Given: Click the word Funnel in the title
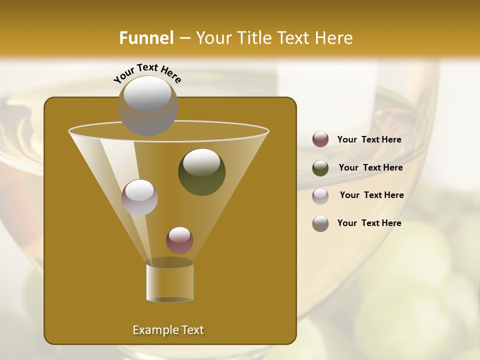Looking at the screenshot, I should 146,38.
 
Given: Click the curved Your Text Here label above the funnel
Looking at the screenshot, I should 147,72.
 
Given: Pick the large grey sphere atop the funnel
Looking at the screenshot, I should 147,105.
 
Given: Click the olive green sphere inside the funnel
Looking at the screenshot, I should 201,171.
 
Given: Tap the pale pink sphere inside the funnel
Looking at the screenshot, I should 139,197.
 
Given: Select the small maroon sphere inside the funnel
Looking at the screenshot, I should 179,240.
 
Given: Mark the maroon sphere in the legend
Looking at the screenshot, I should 320,139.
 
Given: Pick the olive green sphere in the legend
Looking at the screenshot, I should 320,167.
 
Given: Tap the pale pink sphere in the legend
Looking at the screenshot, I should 320,195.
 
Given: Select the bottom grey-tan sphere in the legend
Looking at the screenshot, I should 320,223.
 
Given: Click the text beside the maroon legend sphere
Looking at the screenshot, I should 369,140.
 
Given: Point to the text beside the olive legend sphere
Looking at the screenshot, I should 370,168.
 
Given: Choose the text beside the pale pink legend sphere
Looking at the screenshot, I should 371,195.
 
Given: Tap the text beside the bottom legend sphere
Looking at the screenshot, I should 369,223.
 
